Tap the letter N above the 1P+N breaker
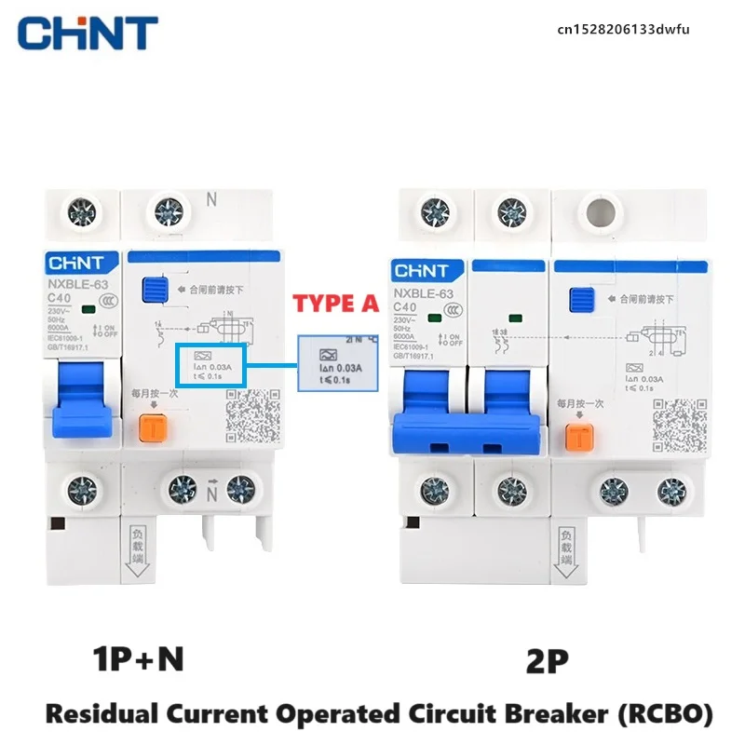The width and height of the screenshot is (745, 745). coord(210,198)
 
